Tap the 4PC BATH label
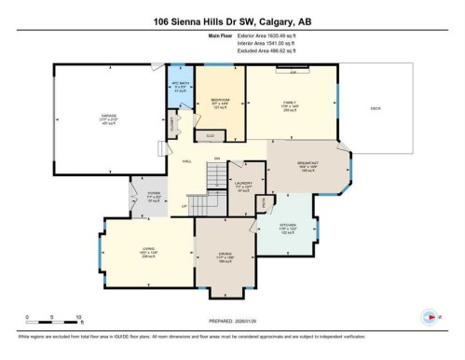coord(181,86)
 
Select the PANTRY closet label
coord(264,201)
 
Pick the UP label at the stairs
coord(185,205)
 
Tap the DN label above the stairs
coord(216,158)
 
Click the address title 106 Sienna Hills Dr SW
coord(231,22)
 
